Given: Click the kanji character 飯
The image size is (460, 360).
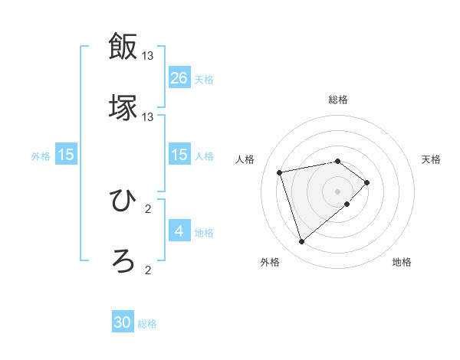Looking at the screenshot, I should click(123, 48).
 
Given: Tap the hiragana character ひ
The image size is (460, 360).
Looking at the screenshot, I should click(123, 201).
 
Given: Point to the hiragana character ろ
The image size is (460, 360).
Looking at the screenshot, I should click(123, 260).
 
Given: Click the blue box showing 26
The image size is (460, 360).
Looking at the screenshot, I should click(179, 77).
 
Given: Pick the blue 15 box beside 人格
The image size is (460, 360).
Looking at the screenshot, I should click(179, 155).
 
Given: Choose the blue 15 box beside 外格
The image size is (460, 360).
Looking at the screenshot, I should click(66, 155).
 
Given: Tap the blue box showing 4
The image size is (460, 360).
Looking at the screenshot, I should click(179, 231).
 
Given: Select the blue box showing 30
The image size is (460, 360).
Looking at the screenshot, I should click(123, 322).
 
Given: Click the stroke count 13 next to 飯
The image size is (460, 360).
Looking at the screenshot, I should click(148, 56).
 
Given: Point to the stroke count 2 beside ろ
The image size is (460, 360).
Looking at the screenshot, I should click(148, 269).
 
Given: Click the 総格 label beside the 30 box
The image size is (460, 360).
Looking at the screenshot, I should click(147, 324).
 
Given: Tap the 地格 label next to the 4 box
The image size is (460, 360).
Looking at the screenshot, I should click(204, 233).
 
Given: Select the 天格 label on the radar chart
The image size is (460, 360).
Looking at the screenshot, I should click(431, 159).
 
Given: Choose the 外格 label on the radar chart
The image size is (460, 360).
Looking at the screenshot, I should click(270, 262).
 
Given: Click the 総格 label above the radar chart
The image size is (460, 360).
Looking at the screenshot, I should click(338, 100).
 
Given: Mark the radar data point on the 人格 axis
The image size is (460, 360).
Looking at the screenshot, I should click(281, 172).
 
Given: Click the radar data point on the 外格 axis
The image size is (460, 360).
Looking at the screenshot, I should click(302, 242).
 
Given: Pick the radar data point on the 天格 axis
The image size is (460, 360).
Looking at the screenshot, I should click(367, 182).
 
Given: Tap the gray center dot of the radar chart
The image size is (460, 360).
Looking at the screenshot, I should click(338, 191).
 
